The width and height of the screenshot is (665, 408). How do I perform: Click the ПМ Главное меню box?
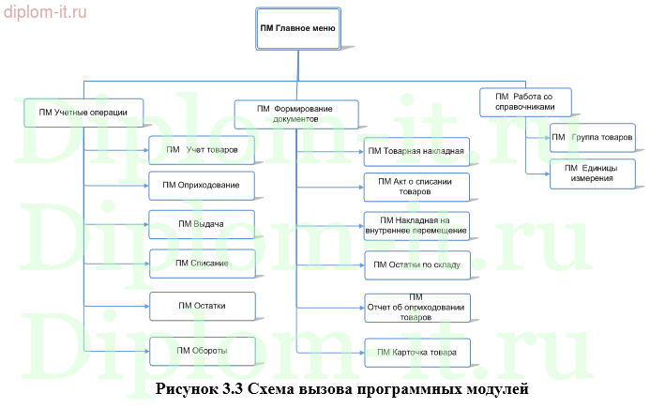pyautogui.click(x=298, y=28)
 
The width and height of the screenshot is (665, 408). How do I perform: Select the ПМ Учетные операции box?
pyautogui.click(x=83, y=113)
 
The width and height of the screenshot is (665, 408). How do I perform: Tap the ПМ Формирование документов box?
pyautogui.click(x=295, y=114)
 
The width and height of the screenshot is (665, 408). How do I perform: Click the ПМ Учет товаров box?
pyautogui.click(x=202, y=149)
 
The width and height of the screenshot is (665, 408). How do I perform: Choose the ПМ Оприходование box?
pyautogui.click(x=202, y=185)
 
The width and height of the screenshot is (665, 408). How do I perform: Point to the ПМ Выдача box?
pyautogui.click(x=202, y=224)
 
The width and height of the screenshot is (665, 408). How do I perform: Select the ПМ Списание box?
pyautogui.click(x=202, y=264)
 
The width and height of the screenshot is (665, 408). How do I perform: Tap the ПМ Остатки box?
pyautogui.click(x=202, y=306)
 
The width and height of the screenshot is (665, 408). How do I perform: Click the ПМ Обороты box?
pyautogui.click(x=202, y=350)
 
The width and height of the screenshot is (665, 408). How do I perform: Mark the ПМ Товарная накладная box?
pyautogui.click(x=416, y=151)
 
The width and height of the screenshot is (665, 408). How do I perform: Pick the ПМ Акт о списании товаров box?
pyautogui.click(x=416, y=186)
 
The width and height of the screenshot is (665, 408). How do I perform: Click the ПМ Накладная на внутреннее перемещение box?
pyautogui.click(x=416, y=225)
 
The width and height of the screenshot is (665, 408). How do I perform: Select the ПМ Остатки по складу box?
pyautogui.click(x=416, y=264)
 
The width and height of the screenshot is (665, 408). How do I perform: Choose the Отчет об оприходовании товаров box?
pyautogui.click(x=416, y=307)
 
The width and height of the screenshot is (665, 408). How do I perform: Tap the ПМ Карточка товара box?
pyautogui.click(x=416, y=353)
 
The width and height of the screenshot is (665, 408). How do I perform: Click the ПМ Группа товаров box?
pyautogui.click(x=592, y=138)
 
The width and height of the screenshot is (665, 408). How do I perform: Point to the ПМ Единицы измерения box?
pyautogui.click(x=592, y=173)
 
